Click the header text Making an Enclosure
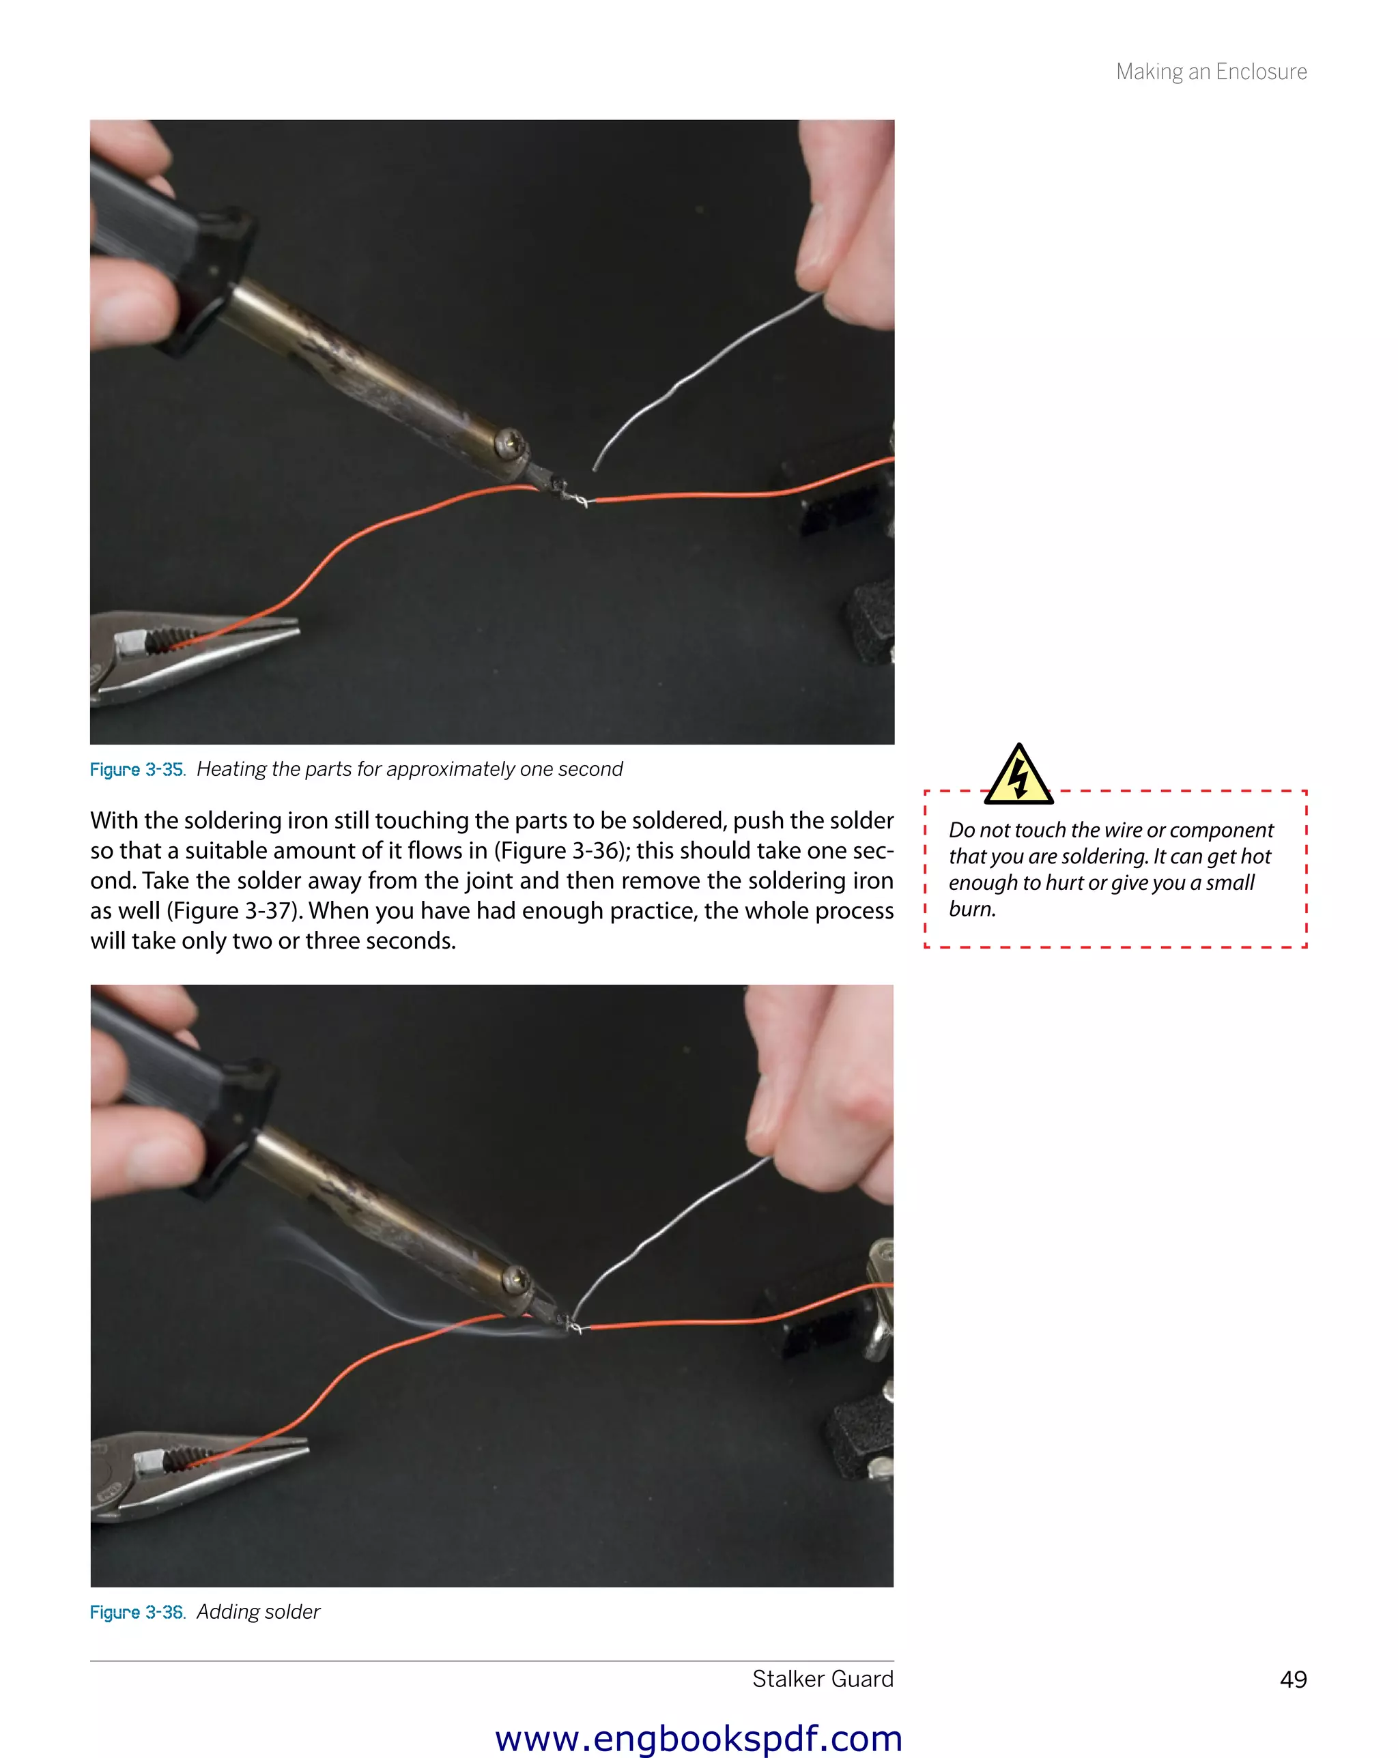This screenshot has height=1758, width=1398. (x=1210, y=72)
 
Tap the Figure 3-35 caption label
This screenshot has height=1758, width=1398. (x=137, y=770)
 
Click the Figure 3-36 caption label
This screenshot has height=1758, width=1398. (x=137, y=1612)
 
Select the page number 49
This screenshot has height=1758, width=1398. (x=1293, y=1679)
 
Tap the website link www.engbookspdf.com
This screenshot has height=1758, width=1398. (x=698, y=1738)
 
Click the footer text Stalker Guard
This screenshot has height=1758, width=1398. (x=822, y=1678)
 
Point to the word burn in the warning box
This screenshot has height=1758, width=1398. (x=971, y=909)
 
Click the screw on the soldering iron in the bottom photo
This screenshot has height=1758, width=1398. (x=515, y=1278)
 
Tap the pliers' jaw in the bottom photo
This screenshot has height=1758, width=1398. (x=244, y=1460)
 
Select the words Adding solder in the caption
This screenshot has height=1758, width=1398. (x=258, y=1612)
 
